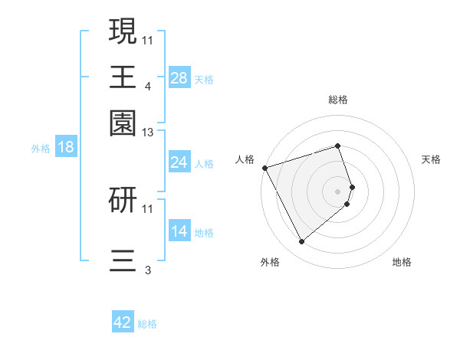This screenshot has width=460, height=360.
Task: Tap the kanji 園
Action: click(x=123, y=122)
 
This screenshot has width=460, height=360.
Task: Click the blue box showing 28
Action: click(x=179, y=78)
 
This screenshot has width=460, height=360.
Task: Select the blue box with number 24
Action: click(x=179, y=162)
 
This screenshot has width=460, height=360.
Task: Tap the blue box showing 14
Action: click(x=179, y=231)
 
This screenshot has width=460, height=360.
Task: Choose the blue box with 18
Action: click(x=66, y=148)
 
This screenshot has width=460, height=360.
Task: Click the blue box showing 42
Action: click(x=123, y=322)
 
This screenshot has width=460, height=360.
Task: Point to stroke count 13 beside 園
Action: click(x=148, y=133)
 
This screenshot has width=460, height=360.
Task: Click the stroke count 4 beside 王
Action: click(x=148, y=87)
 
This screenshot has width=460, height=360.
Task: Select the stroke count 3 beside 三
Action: click(x=148, y=270)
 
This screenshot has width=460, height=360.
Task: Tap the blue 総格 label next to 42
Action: click(x=147, y=324)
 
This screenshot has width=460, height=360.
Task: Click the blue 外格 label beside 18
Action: click(x=41, y=149)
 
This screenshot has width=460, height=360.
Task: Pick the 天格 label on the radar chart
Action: click(x=432, y=159)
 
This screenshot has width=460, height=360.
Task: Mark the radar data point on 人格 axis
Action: click(x=264, y=168)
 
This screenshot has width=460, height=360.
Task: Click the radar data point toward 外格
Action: click(x=301, y=241)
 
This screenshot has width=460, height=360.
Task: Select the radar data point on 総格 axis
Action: click(x=338, y=146)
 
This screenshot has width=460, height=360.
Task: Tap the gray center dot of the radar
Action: click(x=338, y=191)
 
